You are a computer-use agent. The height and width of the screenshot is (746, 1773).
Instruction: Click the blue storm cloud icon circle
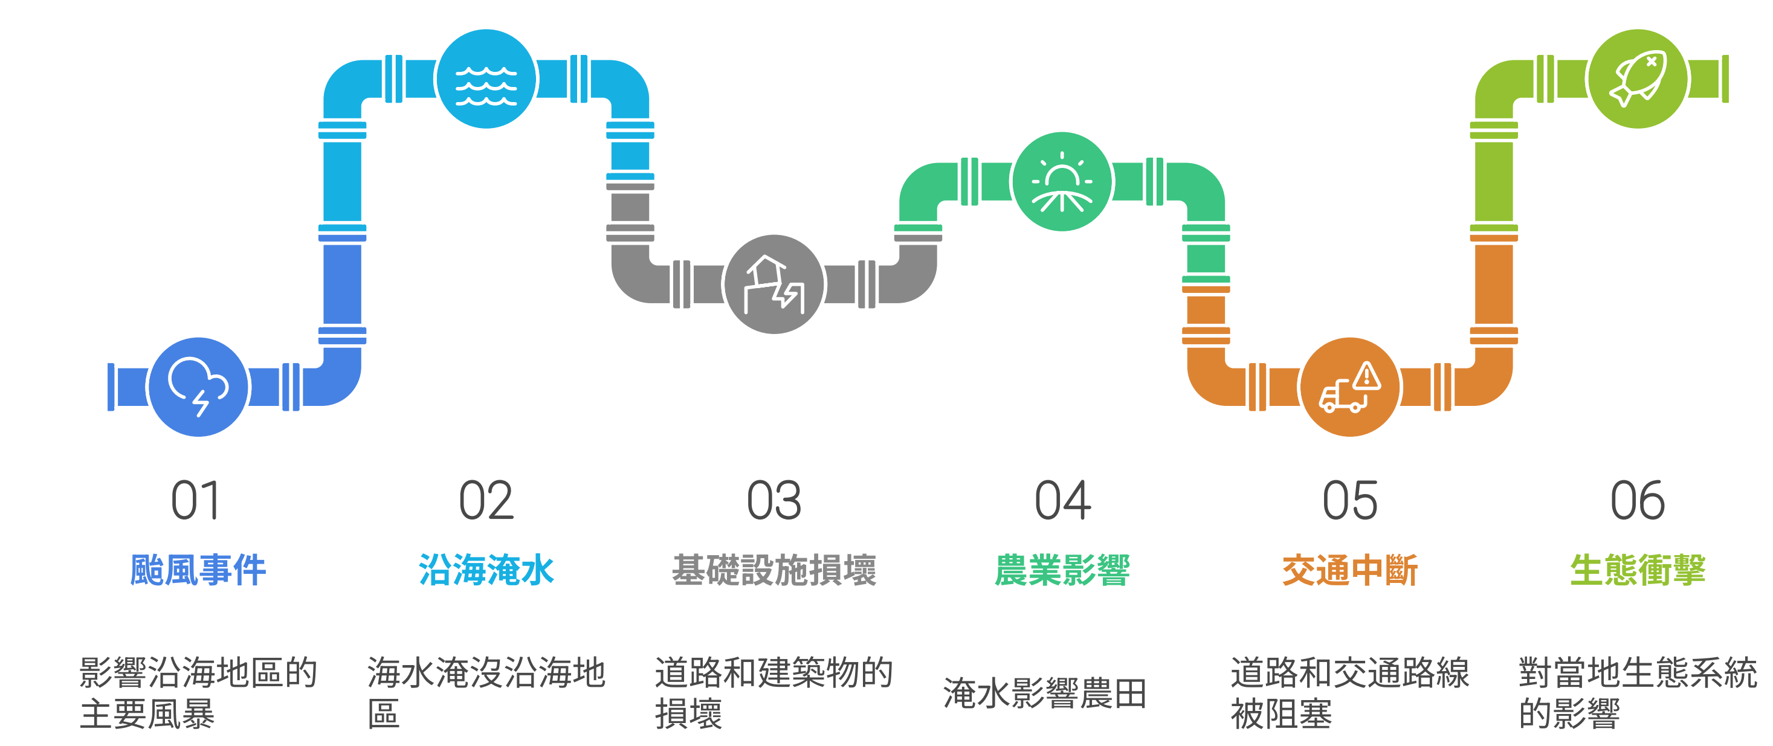click(198, 387)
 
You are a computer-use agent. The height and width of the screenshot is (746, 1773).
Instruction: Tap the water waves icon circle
click(486, 79)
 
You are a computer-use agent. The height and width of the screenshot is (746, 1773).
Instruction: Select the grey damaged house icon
click(774, 285)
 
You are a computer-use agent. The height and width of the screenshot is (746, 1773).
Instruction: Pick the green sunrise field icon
click(1062, 182)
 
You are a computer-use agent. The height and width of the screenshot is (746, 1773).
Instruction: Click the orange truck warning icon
click(1350, 387)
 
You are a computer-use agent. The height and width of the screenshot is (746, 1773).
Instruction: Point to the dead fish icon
click(1638, 79)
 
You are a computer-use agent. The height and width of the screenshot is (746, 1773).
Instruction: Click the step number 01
click(195, 501)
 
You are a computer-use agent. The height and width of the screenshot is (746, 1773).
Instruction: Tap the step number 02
click(486, 501)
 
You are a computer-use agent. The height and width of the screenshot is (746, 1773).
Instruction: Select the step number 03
click(774, 501)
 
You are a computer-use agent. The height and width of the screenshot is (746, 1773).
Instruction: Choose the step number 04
click(1062, 501)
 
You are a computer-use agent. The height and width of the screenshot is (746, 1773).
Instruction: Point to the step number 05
click(1350, 501)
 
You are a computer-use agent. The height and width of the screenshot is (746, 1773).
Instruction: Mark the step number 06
click(1638, 501)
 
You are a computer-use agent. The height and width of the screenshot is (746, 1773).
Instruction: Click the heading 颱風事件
click(198, 570)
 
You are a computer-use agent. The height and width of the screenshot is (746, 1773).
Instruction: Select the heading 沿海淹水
click(486, 570)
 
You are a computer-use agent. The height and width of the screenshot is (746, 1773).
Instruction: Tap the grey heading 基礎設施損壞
click(774, 570)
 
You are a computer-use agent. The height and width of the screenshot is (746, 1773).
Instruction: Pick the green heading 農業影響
click(1062, 570)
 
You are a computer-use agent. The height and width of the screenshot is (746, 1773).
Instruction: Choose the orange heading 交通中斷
click(1350, 570)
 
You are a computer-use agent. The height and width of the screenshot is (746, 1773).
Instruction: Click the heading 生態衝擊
click(1638, 570)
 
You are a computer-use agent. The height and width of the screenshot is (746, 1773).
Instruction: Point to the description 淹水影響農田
click(1045, 693)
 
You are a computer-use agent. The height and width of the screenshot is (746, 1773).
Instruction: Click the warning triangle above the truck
click(1366, 376)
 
